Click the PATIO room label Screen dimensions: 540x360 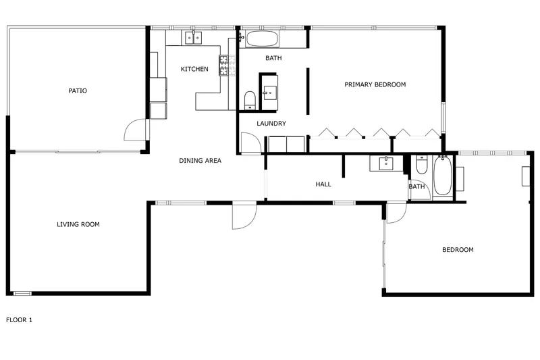click(78, 91)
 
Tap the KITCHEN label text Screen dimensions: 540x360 click(194, 70)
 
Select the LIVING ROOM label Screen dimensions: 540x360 click(78, 225)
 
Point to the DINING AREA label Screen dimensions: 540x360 click(200, 161)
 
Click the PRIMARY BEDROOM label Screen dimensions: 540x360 click(375, 84)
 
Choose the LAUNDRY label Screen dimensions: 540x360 click(271, 124)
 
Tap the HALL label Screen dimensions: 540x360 click(323, 184)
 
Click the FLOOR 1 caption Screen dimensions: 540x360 click(20, 320)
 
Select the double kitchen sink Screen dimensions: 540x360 click(193, 38)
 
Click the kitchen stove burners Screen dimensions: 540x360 click(224, 66)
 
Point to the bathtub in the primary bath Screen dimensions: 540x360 click(262, 39)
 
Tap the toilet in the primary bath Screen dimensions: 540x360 click(250, 100)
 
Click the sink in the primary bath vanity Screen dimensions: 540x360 click(270, 93)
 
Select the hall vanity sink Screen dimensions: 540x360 click(386, 163)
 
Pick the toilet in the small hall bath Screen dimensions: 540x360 click(421, 164)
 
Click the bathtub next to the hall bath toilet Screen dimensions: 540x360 click(443, 176)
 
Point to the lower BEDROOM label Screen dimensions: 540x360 click(458, 250)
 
